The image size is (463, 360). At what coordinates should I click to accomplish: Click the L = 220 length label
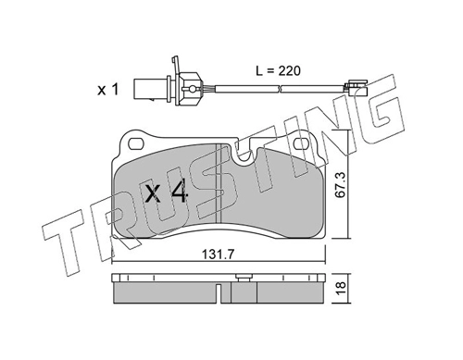pyautogui.click(x=278, y=71)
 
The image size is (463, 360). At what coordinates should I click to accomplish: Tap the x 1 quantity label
pyautogui.click(x=108, y=90)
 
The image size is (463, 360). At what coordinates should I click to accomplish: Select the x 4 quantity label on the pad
pyautogui.click(x=167, y=192)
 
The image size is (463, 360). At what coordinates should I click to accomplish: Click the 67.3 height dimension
pyautogui.click(x=342, y=185)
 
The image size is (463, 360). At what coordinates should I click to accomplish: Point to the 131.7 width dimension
pyautogui.click(x=219, y=254)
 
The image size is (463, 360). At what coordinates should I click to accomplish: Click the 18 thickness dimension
pyautogui.click(x=342, y=289)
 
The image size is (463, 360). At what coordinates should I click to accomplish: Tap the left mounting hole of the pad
pyautogui.click(x=136, y=143)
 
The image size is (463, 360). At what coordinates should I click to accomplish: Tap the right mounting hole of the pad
pyautogui.click(x=301, y=143)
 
